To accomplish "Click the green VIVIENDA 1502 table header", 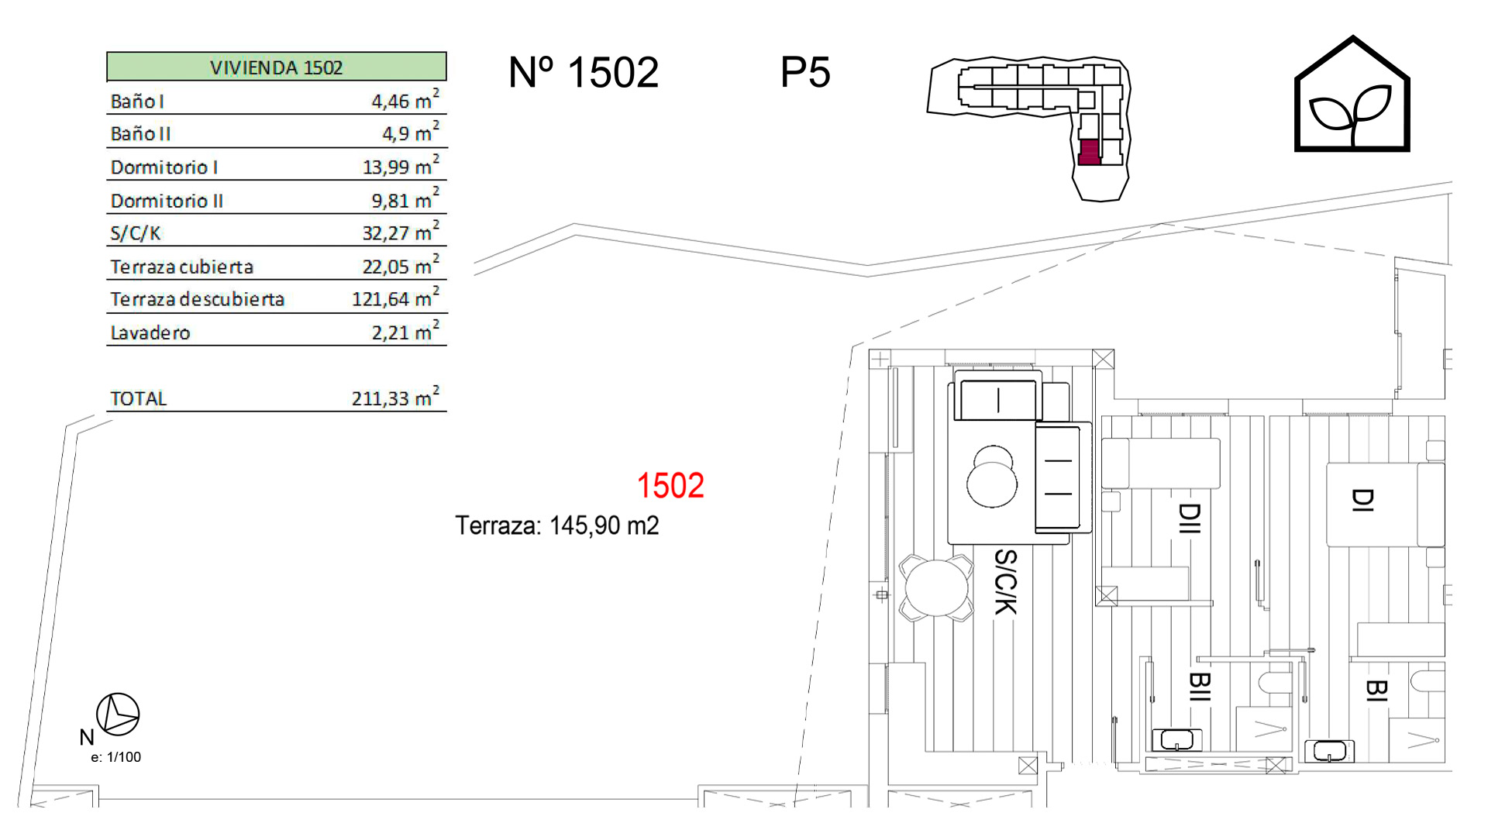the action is (x=277, y=67).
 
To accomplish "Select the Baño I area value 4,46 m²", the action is (x=405, y=99).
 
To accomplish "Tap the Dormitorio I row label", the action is (x=164, y=167).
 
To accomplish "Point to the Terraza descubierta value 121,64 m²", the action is (x=395, y=297).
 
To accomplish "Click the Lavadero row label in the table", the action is (x=150, y=333).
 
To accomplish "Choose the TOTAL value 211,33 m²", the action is (x=395, y=397).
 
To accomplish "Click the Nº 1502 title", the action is (x=584, y=73).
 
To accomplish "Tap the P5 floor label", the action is (x=805, y=73).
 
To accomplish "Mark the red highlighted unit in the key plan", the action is (x=1089, y=152).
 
